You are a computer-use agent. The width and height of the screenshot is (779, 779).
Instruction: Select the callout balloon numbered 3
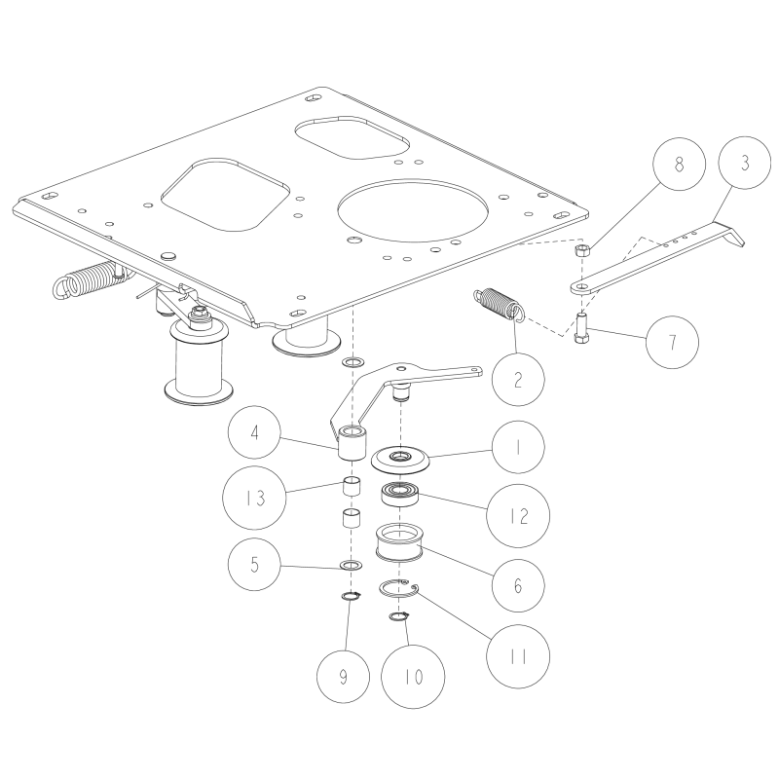coord(744,164)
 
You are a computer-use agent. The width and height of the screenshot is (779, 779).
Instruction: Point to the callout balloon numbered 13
coord(256,498)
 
